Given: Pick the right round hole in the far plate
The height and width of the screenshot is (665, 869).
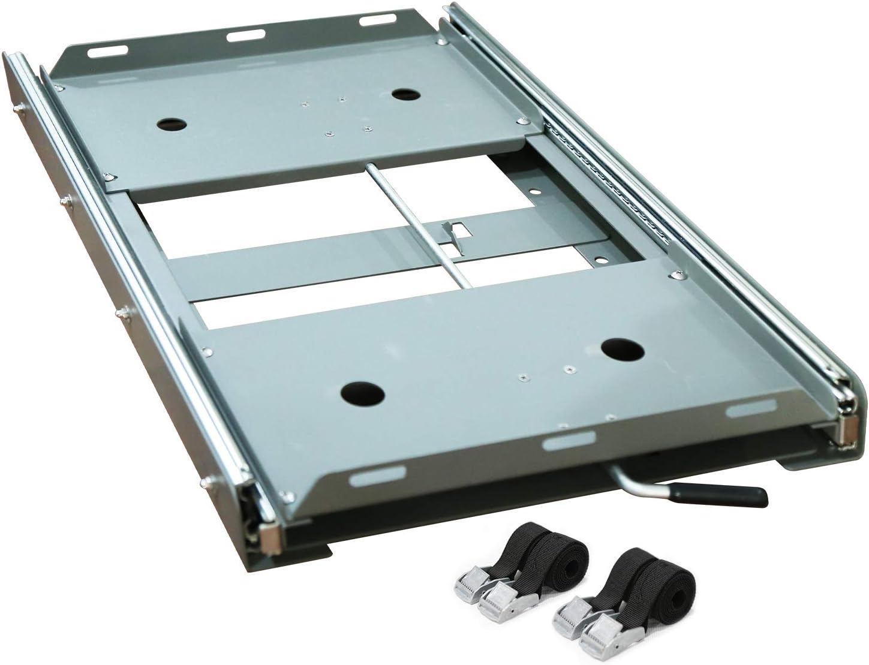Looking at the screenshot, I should tap(405, 94).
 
